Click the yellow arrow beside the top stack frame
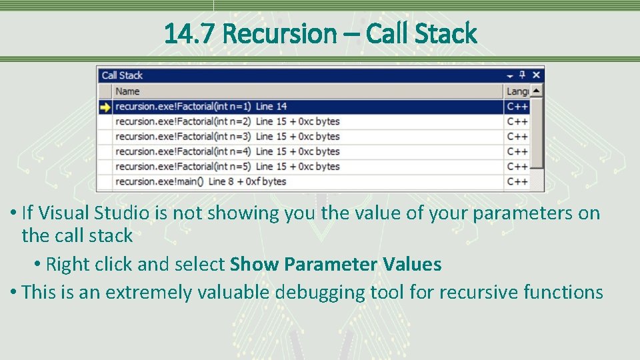[105, 107]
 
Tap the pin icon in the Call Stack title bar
[523, 75]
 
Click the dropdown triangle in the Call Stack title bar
[510, 76]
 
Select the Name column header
[127, 91]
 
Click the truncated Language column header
[517, 91]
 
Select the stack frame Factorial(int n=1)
[201, 107]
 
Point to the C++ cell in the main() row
[517, 181]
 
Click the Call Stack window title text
[122, 75]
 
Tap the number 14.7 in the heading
[190, 33]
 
